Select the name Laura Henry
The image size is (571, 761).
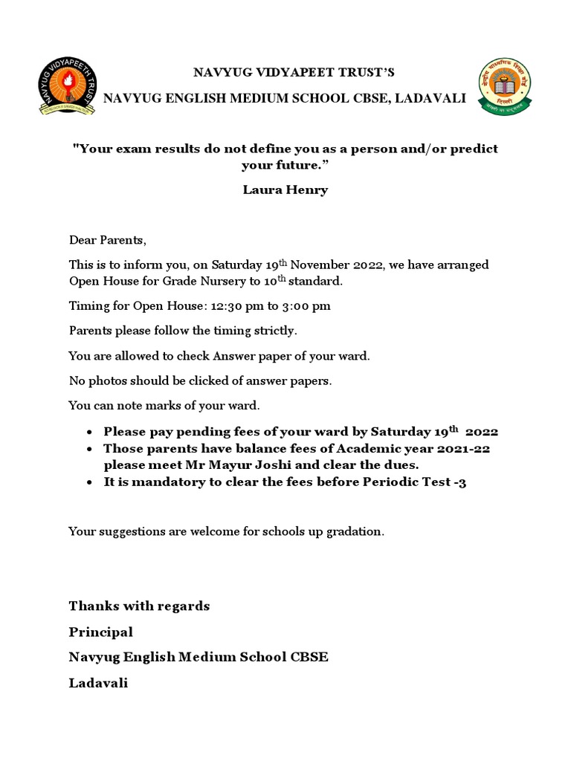pyautogui.click(x=285, y=190)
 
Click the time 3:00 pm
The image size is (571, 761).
pyautogui.click(x=303, y=306)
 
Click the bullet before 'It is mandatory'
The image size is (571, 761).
pyautogui.click(x=89, y=482)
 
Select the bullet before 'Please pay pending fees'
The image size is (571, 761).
pyautogui.click(x=89, y=433)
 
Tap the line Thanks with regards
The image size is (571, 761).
pyautogui.click(x=139, y=606)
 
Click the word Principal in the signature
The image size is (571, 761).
pyautogui.click(x=100, y=632)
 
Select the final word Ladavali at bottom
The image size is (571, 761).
pyautogui.click(x=98, y=683)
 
